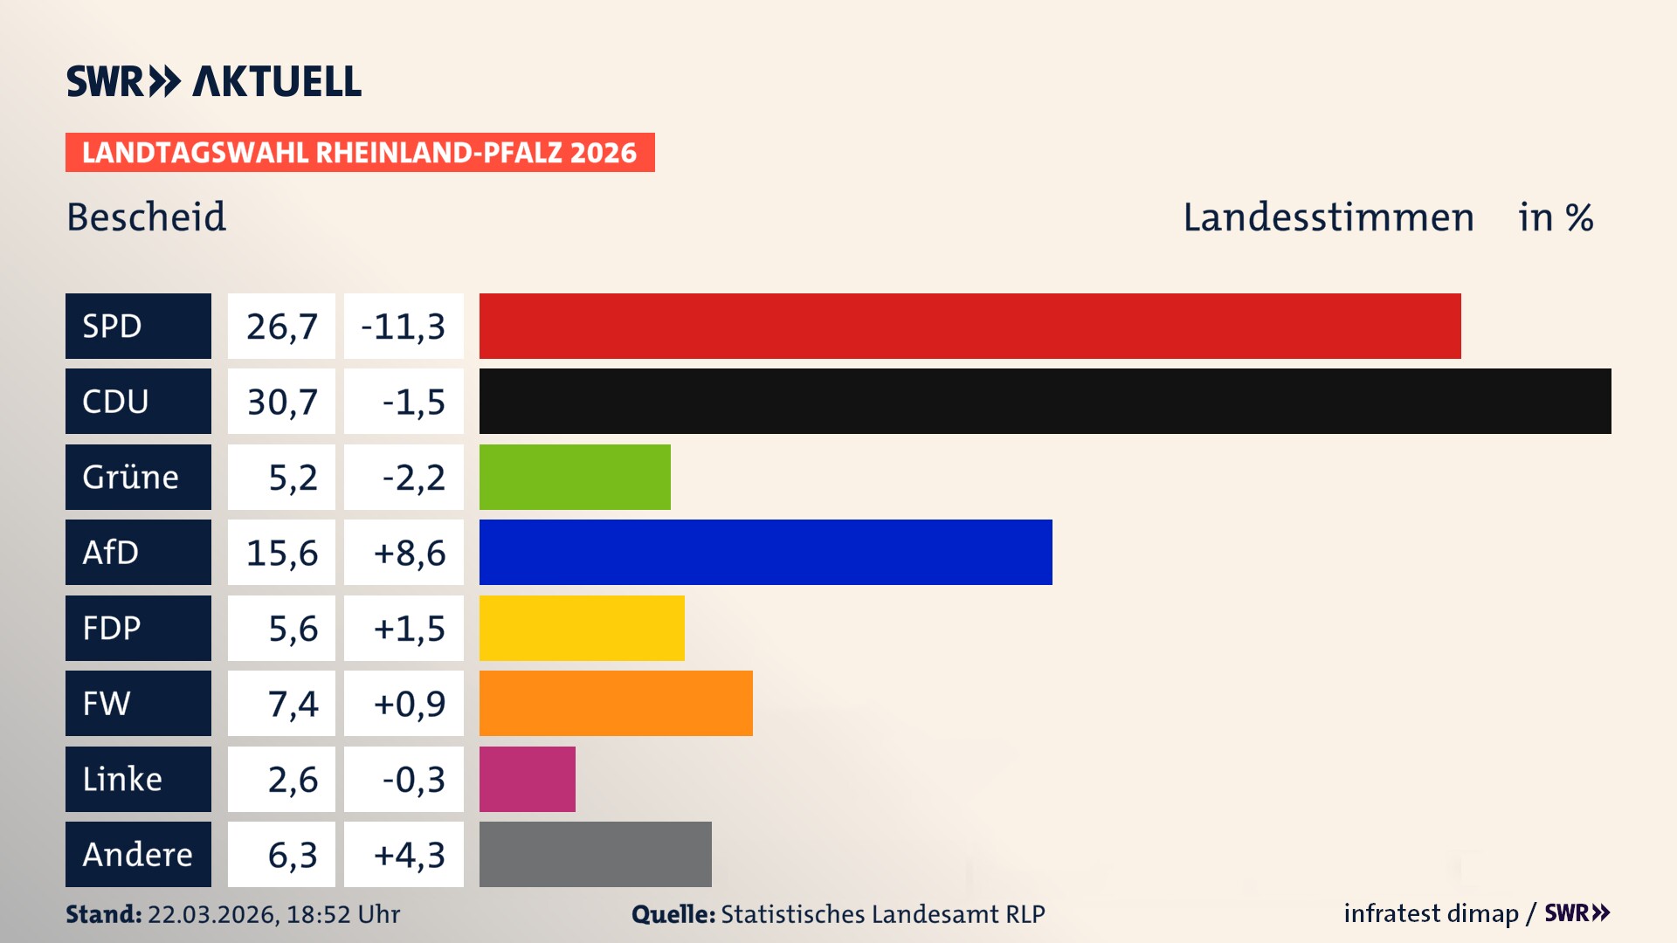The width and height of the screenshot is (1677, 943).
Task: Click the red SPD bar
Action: tap(970, 326)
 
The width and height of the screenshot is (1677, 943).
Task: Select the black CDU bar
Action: tap(1045, 401)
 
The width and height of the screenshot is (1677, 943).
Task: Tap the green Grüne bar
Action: tap(575, 477)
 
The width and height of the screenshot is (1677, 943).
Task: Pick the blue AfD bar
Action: tap(765, 552)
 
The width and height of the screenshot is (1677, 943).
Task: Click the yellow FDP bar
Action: tap(582, 628)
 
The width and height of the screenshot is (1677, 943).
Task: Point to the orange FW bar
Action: tap(616, 703)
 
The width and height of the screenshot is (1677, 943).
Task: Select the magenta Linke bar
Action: tap(527, 779)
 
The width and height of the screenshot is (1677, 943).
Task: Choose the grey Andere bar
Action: tap(595, 854)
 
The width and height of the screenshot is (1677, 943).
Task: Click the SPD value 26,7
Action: tap(281, 327)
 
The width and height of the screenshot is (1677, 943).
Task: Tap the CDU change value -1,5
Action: tap(413, 402)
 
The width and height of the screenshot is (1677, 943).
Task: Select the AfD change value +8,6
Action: tap(409, 553)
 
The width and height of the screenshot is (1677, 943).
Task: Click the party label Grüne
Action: tap(131, 477)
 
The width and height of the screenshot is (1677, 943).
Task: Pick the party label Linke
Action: tap(122, 779)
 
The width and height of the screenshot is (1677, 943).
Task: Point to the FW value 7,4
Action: tap(293, 704)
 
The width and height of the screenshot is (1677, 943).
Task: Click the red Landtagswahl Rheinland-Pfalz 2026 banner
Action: tap(360, 153)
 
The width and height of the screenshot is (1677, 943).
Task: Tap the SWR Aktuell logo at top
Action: tap(214, 81)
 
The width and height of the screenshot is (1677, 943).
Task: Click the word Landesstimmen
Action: tap(1328, 217)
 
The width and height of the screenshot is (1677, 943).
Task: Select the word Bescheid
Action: tap(147, 217)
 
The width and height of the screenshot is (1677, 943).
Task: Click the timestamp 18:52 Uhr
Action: tap(342, 914)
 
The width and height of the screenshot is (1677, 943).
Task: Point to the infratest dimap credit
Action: tap(1431, 913)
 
